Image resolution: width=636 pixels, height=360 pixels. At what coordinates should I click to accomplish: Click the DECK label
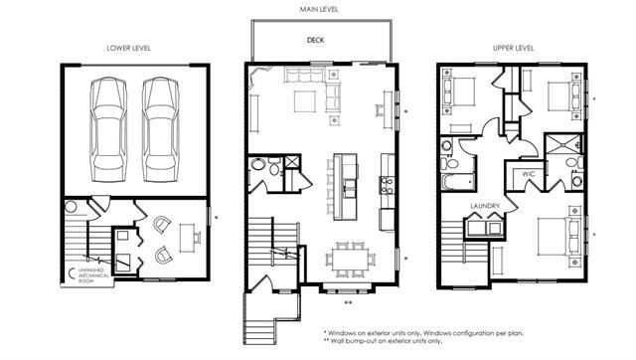pyautogui.click(x=315, y=40)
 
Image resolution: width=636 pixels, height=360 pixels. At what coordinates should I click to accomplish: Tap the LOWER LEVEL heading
pyautogui.click(x=128, y=48)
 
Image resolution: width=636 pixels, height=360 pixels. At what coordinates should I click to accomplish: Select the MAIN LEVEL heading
pyautogui.click(x=319, y=9)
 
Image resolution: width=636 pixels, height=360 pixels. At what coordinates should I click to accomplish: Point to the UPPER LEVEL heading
pyautogui.click(x=513, y=48)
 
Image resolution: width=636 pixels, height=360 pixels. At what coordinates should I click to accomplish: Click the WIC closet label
pyautogui.click(x=529, y=174)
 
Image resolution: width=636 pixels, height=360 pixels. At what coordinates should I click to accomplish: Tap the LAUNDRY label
pyautogui.click(x=485, y=206)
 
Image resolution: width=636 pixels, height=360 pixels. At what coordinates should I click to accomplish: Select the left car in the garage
pyautogui.click(x=108, y=129)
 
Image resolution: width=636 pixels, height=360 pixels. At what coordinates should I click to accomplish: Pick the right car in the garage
pyautogui.click(x=161, y=129)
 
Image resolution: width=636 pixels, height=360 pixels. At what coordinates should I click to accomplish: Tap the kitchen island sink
pyautogui.click(x=349, y=189)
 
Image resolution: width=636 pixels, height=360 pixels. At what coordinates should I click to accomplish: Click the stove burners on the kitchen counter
pyautogui.click(x=387, y=186)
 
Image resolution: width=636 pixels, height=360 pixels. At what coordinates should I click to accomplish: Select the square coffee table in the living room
pyautogui.click(x=305, y=101)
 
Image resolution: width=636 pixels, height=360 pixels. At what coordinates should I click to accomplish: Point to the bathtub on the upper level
pyautogui.click(x=457, y=181)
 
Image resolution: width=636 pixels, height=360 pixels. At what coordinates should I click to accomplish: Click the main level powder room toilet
pyautogui.click(x=275, y=167)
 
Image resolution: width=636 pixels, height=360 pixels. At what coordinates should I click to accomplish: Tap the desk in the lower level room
pyautogui.click(x=187, y=238)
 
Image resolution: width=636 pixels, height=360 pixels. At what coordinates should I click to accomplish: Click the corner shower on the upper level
pyautogui.click(x=563, y=143)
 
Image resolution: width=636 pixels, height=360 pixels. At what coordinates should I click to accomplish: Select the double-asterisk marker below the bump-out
pyautogui.click(x=348, y=302)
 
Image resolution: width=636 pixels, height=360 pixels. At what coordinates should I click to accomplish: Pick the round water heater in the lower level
pyautogui.click(x=71, y=207)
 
